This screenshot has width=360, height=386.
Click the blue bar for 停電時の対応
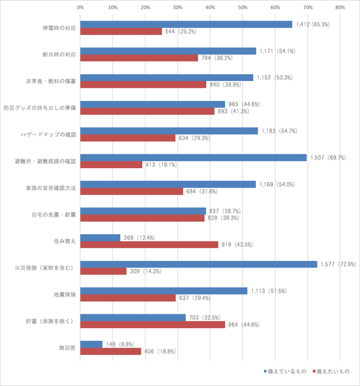[x=186, y=24]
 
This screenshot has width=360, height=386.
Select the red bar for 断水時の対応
[x=139, y=58]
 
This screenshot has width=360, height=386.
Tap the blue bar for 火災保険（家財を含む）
[x=198, y=264]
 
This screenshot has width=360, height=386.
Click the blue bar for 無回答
[x=92, y=344]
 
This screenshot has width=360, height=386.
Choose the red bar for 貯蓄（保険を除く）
[x=153, y=325]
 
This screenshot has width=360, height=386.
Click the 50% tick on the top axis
[x=243, y=8]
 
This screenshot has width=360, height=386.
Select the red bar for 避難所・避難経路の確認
[x=111, y=164]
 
